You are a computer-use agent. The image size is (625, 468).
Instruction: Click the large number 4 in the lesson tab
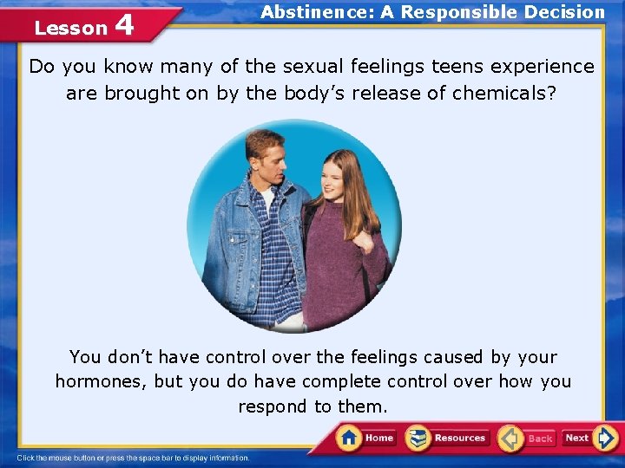point(124,25)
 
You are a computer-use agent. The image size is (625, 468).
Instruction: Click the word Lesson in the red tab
point(70,28)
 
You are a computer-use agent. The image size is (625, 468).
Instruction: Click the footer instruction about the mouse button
point(134,458)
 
